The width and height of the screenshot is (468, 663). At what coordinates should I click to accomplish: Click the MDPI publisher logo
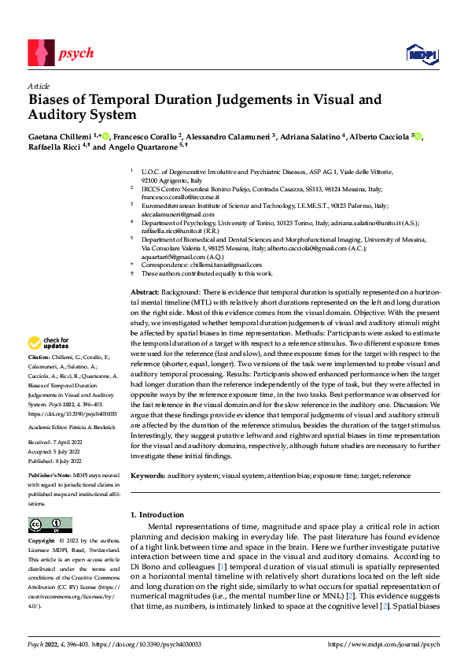coord(421,54)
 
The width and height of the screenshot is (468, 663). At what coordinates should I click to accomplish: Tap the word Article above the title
coord(39,86)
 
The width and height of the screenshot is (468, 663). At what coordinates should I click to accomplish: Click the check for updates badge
coord(49,343)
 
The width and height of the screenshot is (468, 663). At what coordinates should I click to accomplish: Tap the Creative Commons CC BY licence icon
coord(50,525)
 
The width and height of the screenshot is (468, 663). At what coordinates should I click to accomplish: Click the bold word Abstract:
coord(146,292)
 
